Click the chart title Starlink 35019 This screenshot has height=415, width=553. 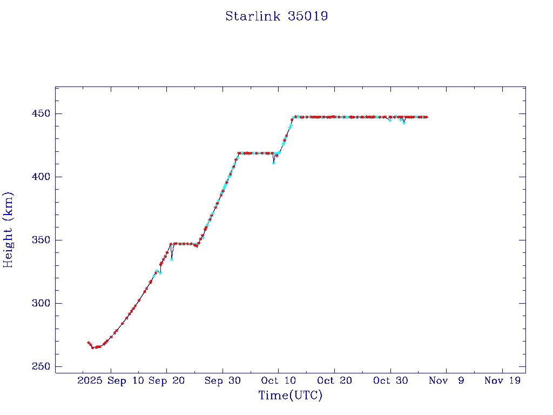(276, 16)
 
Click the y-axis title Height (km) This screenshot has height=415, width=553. (8, 229)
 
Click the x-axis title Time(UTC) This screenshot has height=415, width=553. (291, 396)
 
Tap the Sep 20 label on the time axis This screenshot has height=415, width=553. (166, 381)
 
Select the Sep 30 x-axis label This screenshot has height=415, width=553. (222, 381)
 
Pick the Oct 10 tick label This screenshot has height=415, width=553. (278, 381)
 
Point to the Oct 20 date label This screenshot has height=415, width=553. (334, 381)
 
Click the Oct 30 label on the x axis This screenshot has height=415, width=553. (390, 381)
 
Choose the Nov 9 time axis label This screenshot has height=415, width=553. (446, 381)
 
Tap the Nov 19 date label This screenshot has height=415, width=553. (502, 381)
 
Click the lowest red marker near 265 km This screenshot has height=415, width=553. (92, 347)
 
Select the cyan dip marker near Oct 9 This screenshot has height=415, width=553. (274, 162)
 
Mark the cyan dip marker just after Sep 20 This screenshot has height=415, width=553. (172, 259)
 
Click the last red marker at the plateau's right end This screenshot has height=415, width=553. (426, 117)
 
